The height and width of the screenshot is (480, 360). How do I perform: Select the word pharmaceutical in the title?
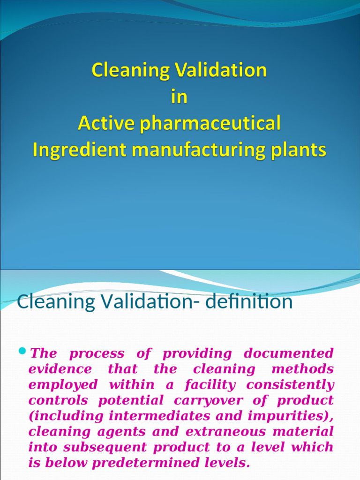(207, 124)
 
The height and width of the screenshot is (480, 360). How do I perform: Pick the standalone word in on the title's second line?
(179, 97)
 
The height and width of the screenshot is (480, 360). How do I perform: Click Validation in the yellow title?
(221, 70)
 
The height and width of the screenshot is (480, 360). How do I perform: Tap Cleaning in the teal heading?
(49, 301)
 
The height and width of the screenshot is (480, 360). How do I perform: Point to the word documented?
(289, 353)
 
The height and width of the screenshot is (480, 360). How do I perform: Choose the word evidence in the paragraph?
(60, 369)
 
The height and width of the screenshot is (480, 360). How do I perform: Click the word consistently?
(291, 385)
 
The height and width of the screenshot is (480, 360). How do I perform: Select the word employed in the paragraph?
(63, 385)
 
